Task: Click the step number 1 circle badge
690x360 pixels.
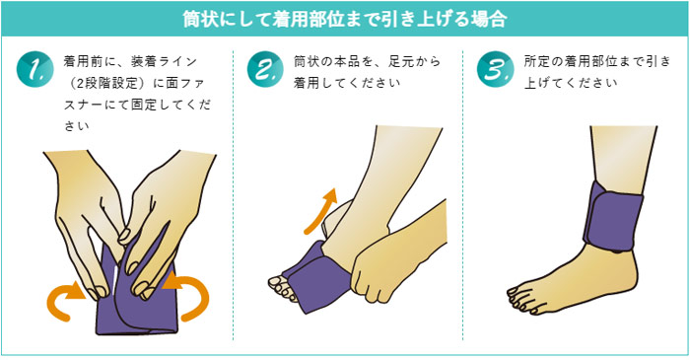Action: point(34,70)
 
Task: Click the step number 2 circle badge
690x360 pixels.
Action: point(264,70)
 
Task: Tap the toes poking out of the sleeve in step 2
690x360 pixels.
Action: point(284,287)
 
